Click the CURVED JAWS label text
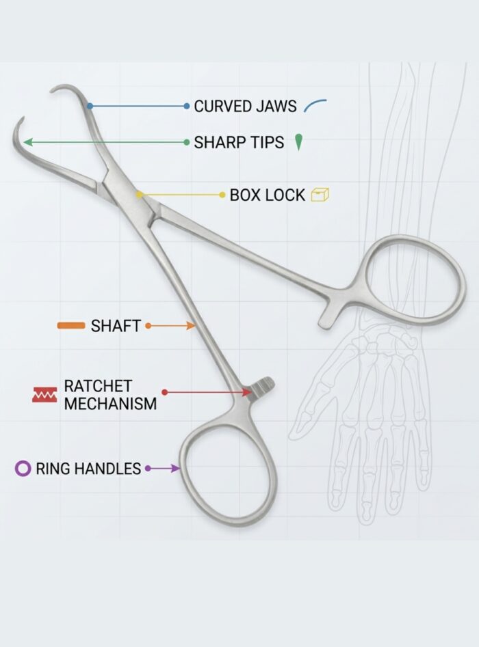click(x=245, y=106)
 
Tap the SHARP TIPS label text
click(x=239, y=142)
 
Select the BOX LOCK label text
click(x=267, y=195)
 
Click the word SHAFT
click(x=116, y=326)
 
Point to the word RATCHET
click(x=98, y=386)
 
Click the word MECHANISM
click(x=110, y=403)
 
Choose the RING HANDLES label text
click(x=88, y=469)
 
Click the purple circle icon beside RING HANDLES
click(x=23, y=469)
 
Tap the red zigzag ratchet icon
click(x=44, y=394)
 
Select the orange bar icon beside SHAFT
click(x=71, y=326)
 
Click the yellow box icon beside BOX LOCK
click(x=320, y=195)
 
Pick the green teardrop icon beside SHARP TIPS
click(x=298, y=142)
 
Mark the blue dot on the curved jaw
click(x=90, y=106)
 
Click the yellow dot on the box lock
click(x=140, y=195)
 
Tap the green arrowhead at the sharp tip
click(x=27, y=142)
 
